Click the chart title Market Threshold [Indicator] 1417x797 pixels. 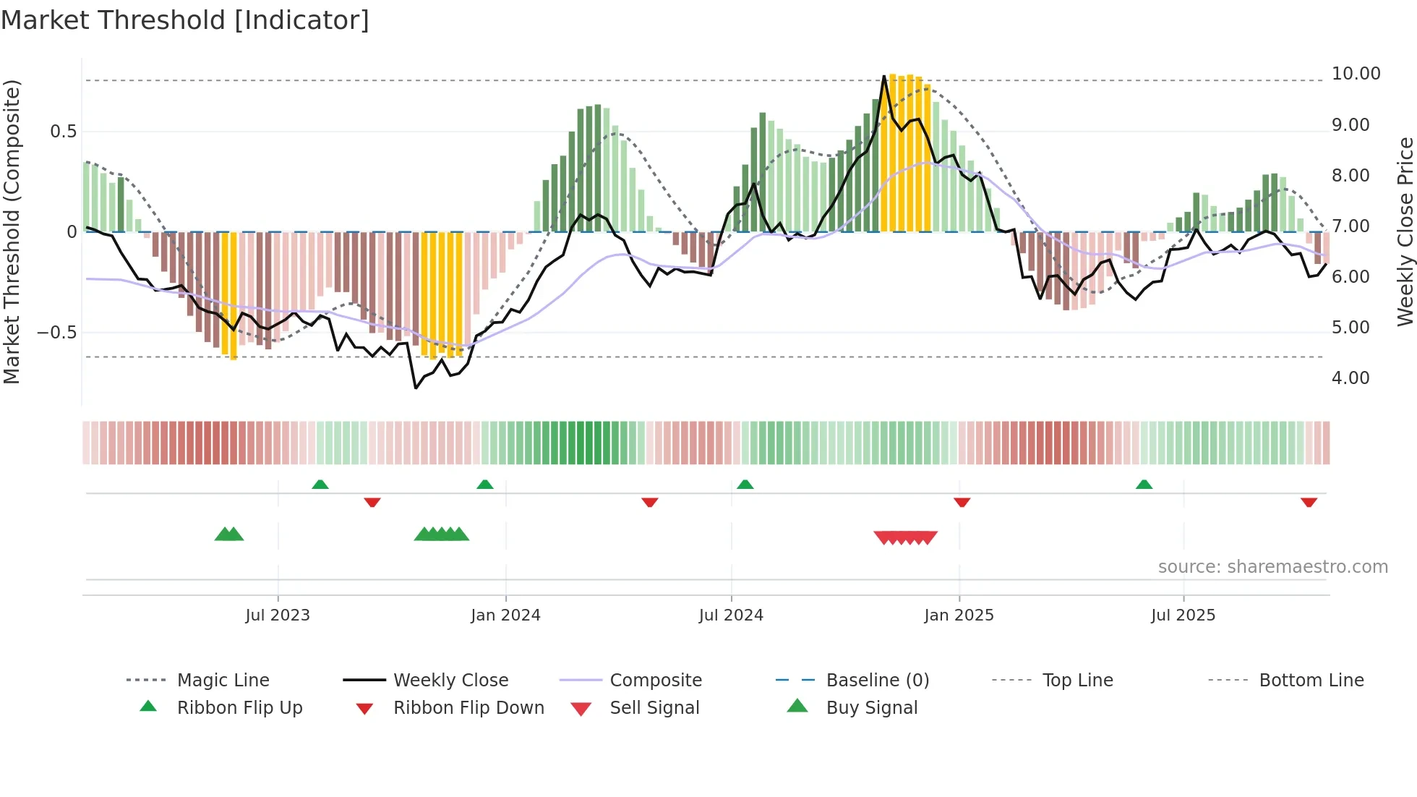[x=185, y=20]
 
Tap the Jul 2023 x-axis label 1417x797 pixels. [x=278, y=615]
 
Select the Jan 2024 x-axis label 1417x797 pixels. [x=505, y=615]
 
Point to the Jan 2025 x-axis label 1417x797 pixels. [x=959, y=615]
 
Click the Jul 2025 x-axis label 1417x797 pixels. [x=1183, y=615]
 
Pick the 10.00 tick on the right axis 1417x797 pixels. [x=1356, y=74]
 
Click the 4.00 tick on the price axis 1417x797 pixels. [x=1350, y=378]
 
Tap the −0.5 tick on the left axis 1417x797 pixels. [x=56, y=333]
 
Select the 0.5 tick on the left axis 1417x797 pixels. [x=63, y=132]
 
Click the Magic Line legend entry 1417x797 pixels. [x=223, y=681]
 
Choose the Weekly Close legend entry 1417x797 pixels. [x=450, y=681]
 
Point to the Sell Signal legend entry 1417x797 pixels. [x=654, y=708]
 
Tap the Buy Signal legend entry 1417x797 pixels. [x=871, y=708]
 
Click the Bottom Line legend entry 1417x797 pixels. [x=1311, y=681]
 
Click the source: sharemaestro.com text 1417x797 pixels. [x=1272, y=567]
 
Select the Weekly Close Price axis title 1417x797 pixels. [x=1405, y=231]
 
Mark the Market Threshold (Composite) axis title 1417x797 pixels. [x=12, y=231]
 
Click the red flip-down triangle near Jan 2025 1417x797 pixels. [x=962, y=502]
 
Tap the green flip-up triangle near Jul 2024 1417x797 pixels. [x=745, y=485]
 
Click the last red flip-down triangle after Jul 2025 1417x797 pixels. [x=1309, y=502]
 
